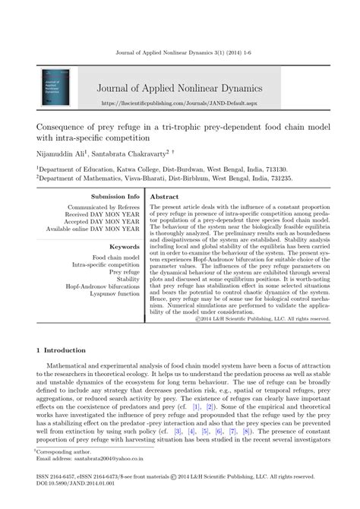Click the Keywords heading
tap(125, 247)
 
